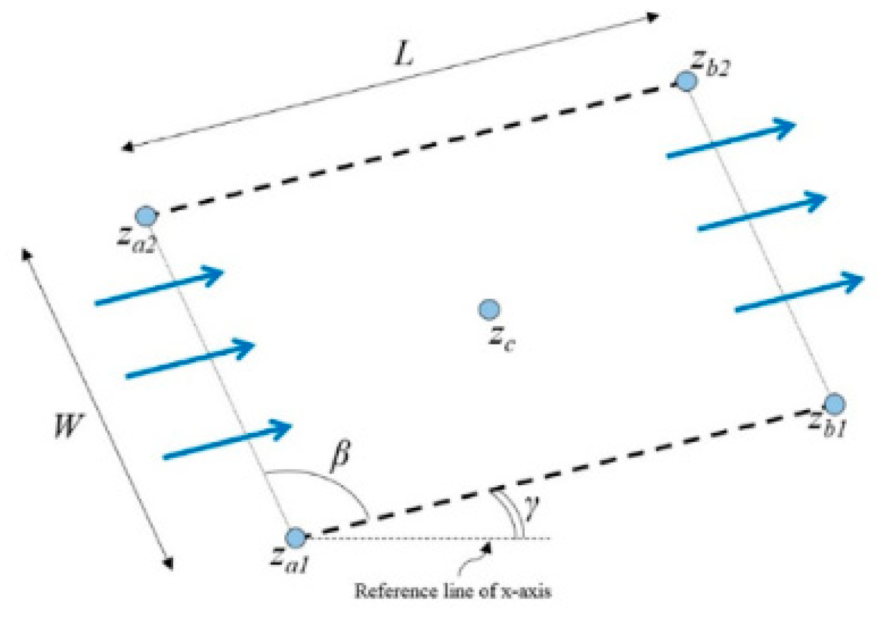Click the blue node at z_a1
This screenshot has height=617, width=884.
point(296,538)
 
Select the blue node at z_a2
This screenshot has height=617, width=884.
point(146,216)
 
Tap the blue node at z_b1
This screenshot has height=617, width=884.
point(835,403)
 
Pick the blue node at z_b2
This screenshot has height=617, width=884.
point(686,81)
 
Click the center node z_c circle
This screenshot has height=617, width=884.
point(489,310)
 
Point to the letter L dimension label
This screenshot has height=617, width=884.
point(403,55)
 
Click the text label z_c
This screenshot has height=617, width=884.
point(502,338)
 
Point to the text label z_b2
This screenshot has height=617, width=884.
point(710,63)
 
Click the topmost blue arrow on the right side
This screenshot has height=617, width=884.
point(731,138)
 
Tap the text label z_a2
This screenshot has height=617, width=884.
point(137,239)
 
